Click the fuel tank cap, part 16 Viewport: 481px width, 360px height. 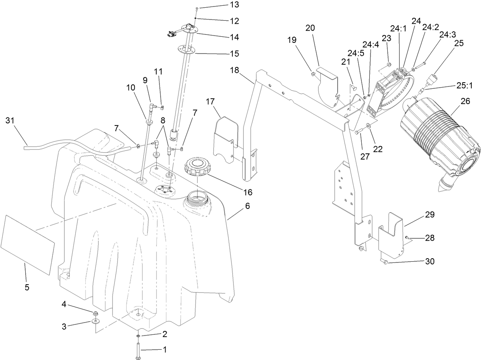point(198,167)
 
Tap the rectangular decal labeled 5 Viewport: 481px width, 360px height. point(27,244)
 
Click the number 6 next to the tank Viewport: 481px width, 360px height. point(247,206)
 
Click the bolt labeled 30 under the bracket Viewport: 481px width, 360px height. point(384,262)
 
